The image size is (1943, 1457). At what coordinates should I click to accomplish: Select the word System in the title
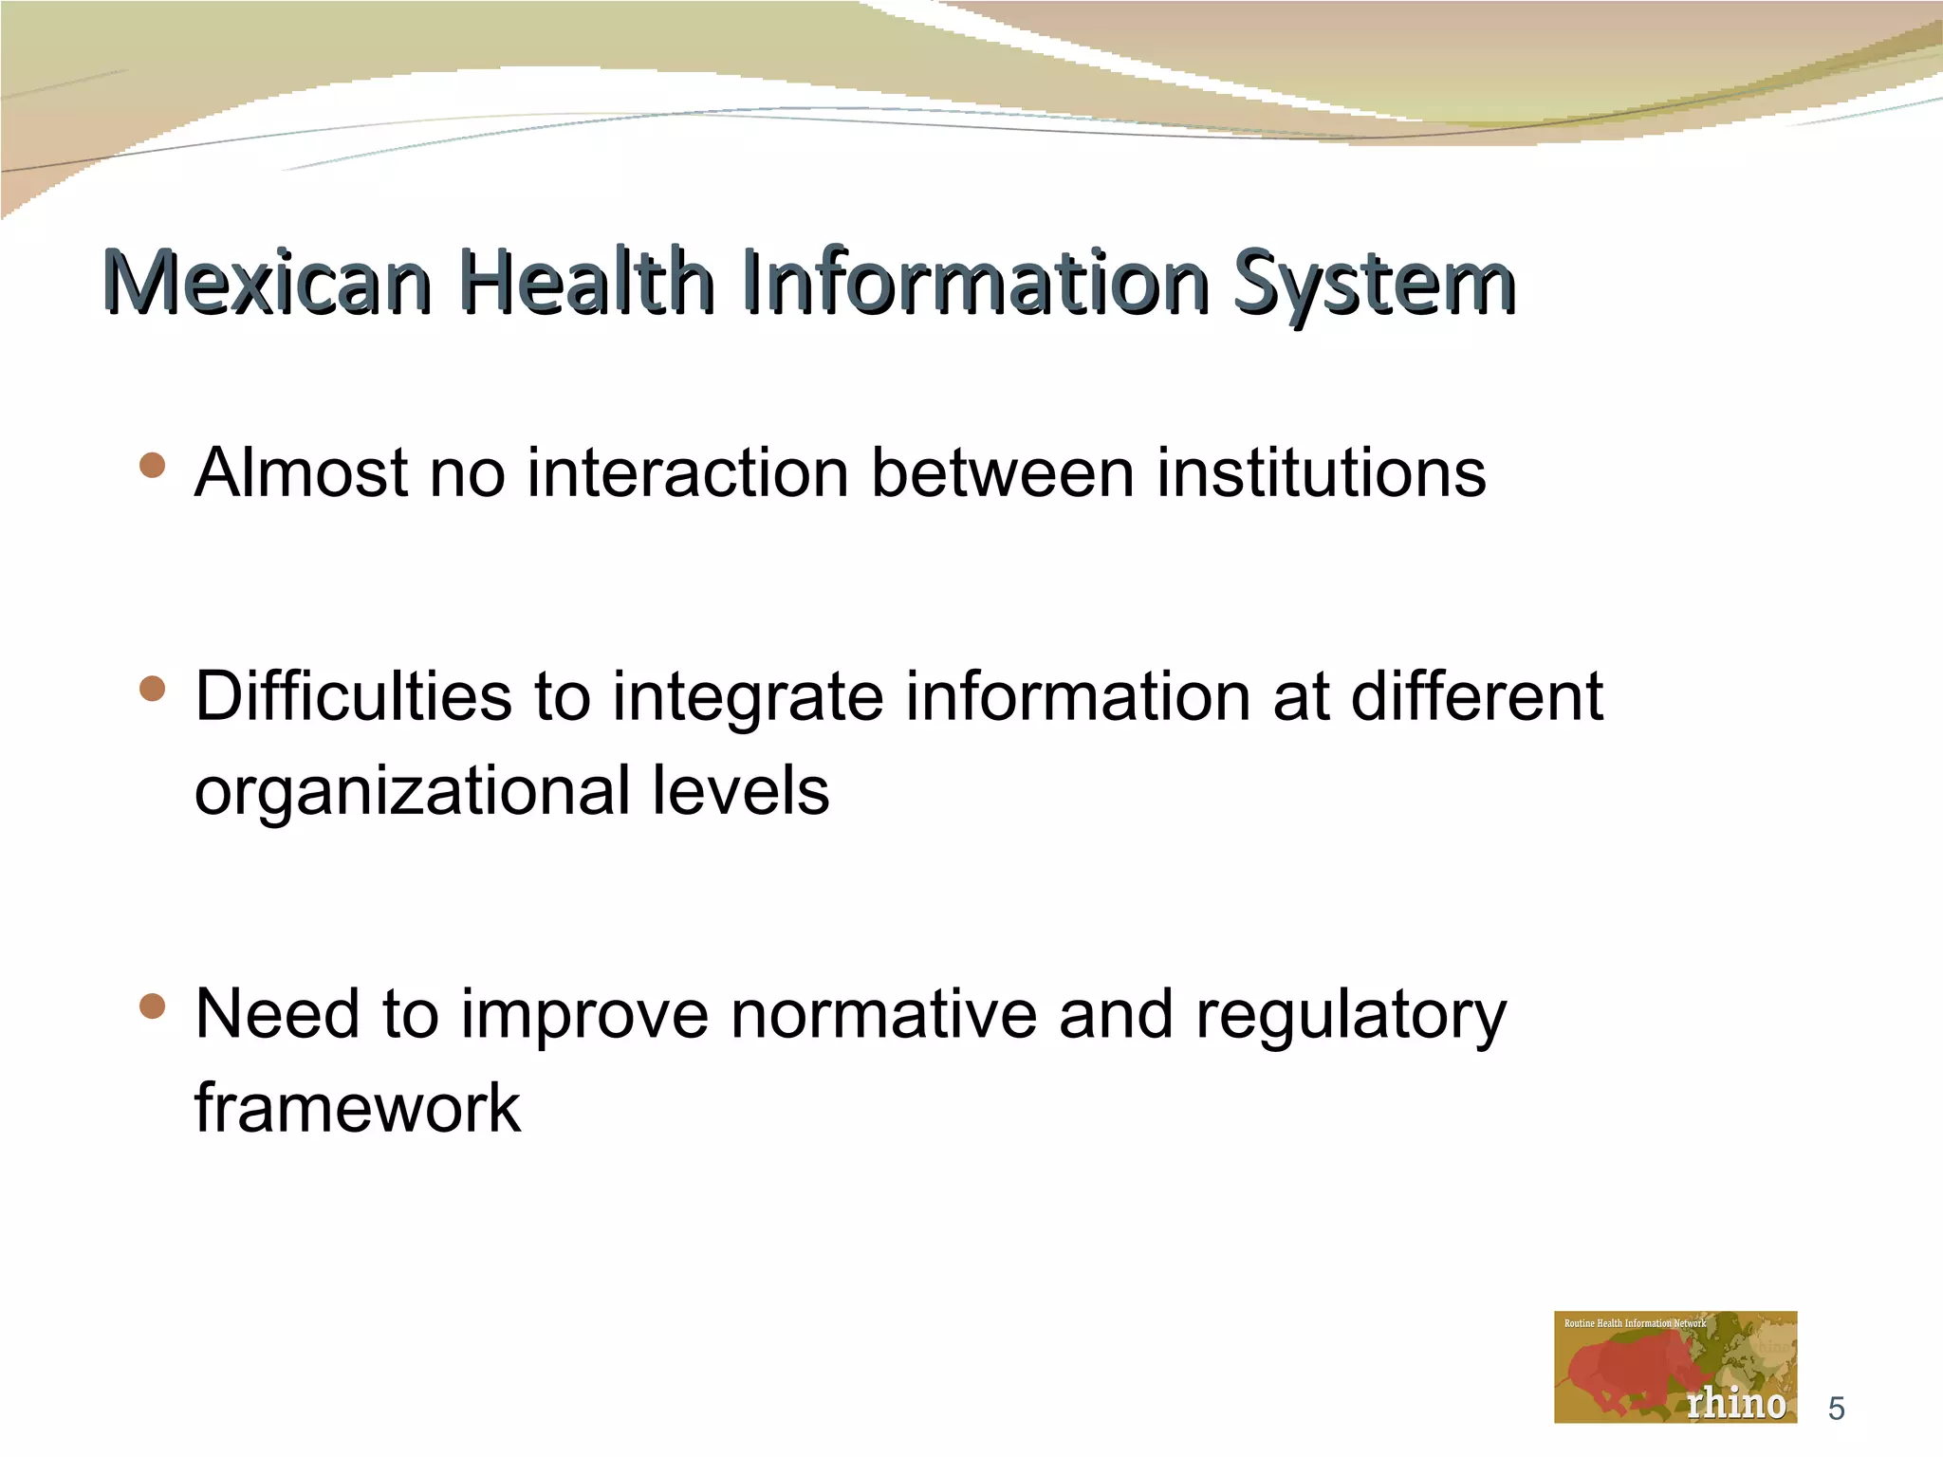1374,283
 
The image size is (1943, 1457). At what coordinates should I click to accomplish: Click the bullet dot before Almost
152,465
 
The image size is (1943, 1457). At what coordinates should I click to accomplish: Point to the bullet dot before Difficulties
152,689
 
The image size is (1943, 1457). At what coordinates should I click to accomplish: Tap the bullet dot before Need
152,1005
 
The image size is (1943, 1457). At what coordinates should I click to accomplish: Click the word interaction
687,472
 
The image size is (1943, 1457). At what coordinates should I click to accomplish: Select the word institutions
1321,472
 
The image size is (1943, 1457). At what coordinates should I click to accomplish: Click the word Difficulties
353,696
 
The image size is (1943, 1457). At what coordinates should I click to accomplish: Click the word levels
740,790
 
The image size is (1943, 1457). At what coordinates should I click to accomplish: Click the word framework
358,1107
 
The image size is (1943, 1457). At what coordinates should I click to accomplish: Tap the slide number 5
1836,1409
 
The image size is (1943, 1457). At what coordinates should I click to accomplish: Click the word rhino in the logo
1735,1403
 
